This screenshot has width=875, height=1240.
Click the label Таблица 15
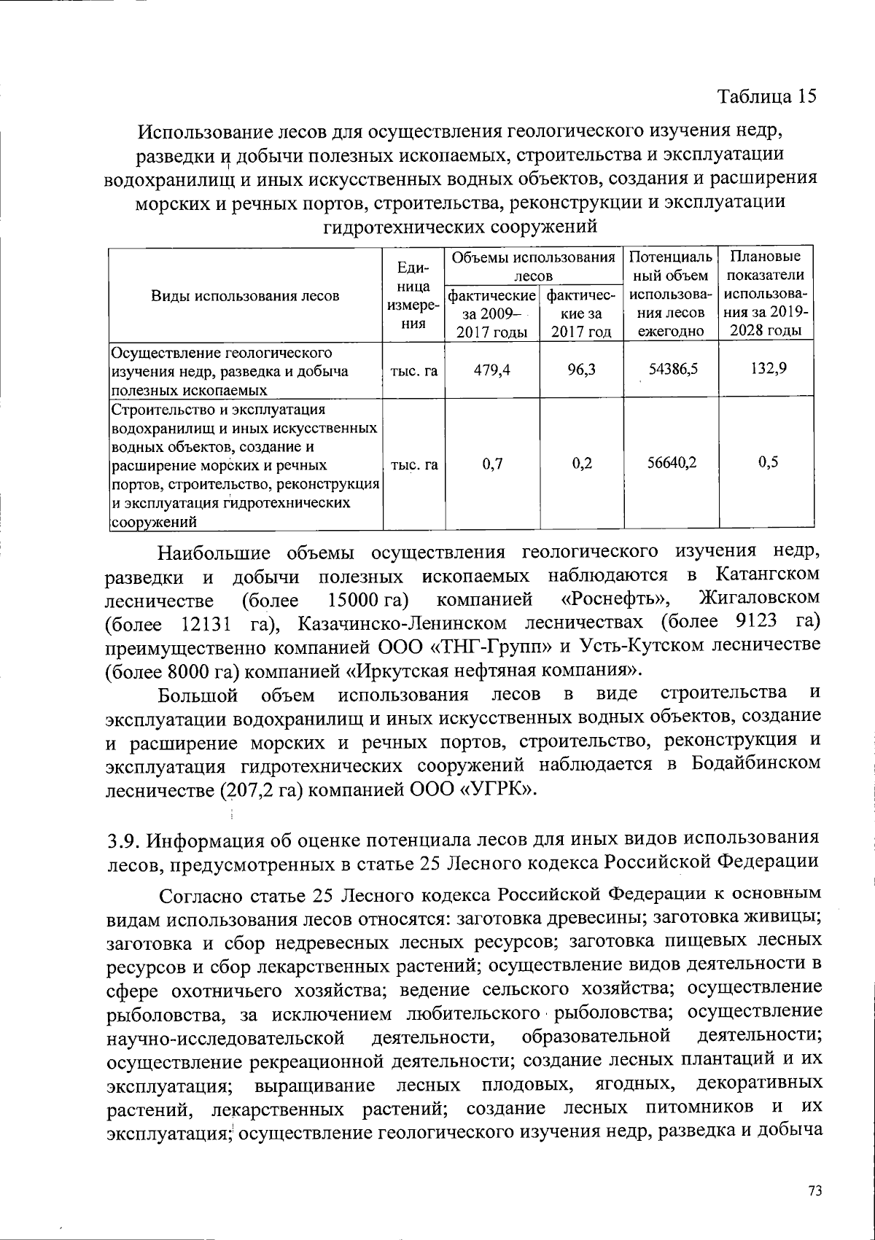[x=766, y=96]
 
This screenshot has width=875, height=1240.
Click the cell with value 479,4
[x=492, y=370]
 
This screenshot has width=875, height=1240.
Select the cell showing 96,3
[x=581, y=370]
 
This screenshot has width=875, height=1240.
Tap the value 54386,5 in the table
[x=673, y=370]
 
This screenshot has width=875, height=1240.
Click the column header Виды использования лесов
[x=245, y=295]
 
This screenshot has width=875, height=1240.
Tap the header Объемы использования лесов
[x=533, y=266]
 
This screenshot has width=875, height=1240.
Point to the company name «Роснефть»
[x=615, y=600]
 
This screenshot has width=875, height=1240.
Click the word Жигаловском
[x=758, y=598]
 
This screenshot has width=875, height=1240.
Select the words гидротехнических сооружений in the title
[x=460, y=227]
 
